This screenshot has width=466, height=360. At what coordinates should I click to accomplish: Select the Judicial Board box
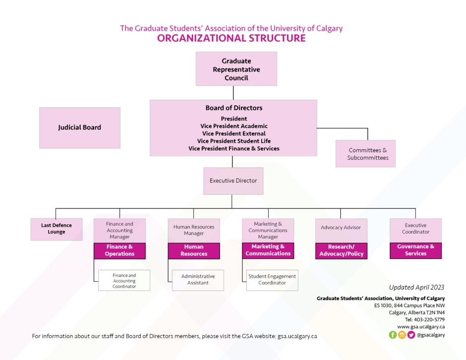[79, 127]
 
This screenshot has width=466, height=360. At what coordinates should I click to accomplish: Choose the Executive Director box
[233, 180]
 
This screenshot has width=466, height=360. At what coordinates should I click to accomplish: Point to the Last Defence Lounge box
[57, 229]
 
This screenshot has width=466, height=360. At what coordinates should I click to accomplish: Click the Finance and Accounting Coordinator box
[124, 281]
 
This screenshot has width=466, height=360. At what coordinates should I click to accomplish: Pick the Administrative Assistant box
[198, 280]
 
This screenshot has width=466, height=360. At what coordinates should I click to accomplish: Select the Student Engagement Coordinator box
[272, 280]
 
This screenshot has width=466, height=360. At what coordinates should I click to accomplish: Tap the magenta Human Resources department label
[194, 250]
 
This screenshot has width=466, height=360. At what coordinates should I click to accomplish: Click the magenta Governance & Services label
[415, 250]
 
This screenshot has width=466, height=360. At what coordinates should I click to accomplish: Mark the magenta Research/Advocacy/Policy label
[341, 250]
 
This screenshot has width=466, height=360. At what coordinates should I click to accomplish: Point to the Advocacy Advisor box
[341, 228]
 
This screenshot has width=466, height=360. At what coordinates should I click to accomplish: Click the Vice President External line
[233, 133]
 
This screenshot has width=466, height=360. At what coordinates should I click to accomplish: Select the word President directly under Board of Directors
[233, 119]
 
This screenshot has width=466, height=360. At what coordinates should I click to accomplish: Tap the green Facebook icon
[393, 335]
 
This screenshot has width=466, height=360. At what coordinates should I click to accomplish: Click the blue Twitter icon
[411, 335]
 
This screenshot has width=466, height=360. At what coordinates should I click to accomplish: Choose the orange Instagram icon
[402, 335]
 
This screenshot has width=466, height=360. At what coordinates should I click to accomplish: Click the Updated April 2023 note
[416, 287]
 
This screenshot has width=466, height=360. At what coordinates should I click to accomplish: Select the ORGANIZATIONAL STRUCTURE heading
[231, 39]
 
